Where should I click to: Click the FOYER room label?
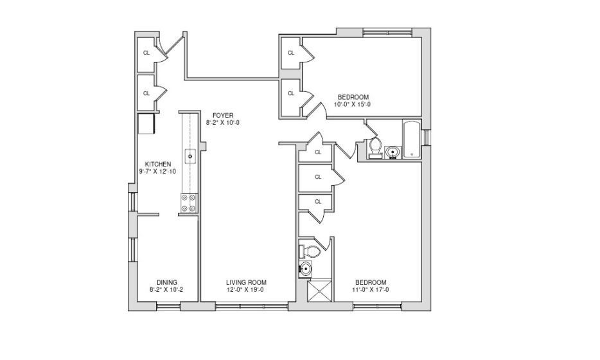[x=223, y=116]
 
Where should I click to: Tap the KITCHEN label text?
[x=158, y=165]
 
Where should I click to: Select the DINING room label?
[x=167, y=283]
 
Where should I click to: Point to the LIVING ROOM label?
[x=246, y=283]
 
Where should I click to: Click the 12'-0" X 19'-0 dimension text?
[x=245, y=290]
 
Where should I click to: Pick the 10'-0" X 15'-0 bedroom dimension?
[x=352, y=104]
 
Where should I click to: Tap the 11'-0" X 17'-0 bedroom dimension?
[x=371, y=290]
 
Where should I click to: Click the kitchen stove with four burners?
[x=189, y=203]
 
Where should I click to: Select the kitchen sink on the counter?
[x=190, y=156]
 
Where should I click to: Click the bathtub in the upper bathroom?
[x=411, y=139]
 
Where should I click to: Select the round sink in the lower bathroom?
[x=305, y=269]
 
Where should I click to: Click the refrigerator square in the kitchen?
[x=146, y=123]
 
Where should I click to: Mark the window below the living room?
[x=251, y=305]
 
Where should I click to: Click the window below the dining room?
[x=169, y=305]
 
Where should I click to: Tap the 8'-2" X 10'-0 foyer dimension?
[x=223, y=123]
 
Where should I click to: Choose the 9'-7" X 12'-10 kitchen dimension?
[x=157, y=172]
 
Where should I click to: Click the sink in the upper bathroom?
[x=393, y=152]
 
